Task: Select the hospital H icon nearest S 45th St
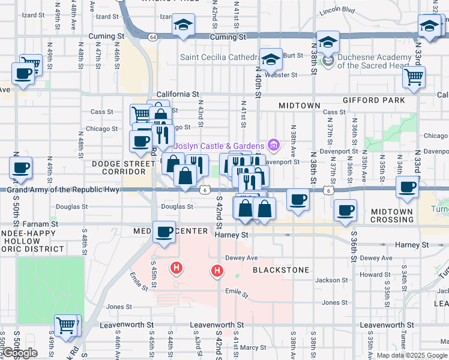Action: click(x=176, y=267)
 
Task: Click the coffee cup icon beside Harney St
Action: click(x=164, y=232)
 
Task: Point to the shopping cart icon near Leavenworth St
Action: click(x=66, y=326)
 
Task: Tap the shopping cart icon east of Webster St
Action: click(x=413, y=76)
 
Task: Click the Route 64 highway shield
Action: click(x=154, y=37)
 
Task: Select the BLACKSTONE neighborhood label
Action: click(x=280, y=270)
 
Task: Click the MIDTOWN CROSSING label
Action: click(x=392, y=215)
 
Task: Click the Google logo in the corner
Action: click(x=20, y=353)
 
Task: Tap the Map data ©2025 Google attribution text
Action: click(x=412, y=355)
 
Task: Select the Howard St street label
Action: click(x=379, y=275)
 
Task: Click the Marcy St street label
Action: click(x=253, y=347)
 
